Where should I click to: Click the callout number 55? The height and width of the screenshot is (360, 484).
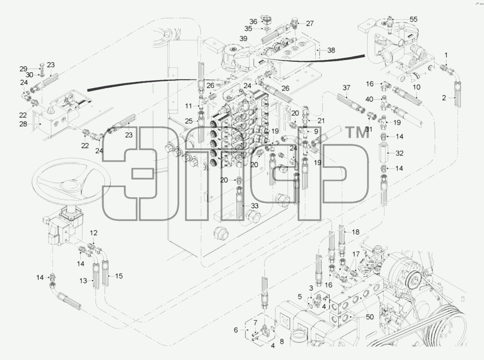pos(413,19)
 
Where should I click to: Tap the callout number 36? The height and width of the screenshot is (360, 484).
pos(253,22)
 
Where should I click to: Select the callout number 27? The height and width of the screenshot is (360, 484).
pos(310,23)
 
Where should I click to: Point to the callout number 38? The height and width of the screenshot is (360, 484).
pos(331,50)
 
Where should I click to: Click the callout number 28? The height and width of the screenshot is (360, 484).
pos(23,124)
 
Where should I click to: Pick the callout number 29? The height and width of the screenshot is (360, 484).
pos(23,69)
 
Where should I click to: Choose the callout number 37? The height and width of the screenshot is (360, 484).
pos(346,88)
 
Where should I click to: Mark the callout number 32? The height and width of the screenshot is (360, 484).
pos(399,153)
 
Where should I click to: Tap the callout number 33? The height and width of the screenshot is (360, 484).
pos(255,206)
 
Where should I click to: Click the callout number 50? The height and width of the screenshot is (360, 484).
pos(370,317)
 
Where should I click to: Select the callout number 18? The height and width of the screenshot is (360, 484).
pos(356,232)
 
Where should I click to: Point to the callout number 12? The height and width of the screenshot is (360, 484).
pos(94,233)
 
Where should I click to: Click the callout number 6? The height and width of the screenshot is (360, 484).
pos(236,330)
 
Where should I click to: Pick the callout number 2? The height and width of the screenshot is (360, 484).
pos(444,98)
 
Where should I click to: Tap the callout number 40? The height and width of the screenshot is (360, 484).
pos(369,99)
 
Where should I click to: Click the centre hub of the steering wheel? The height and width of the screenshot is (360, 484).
pos(70,185)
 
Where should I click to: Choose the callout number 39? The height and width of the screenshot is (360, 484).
pos(244,39)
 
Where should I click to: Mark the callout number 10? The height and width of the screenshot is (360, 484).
pos(417,87)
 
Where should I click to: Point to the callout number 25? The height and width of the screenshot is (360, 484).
pos(189,121)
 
